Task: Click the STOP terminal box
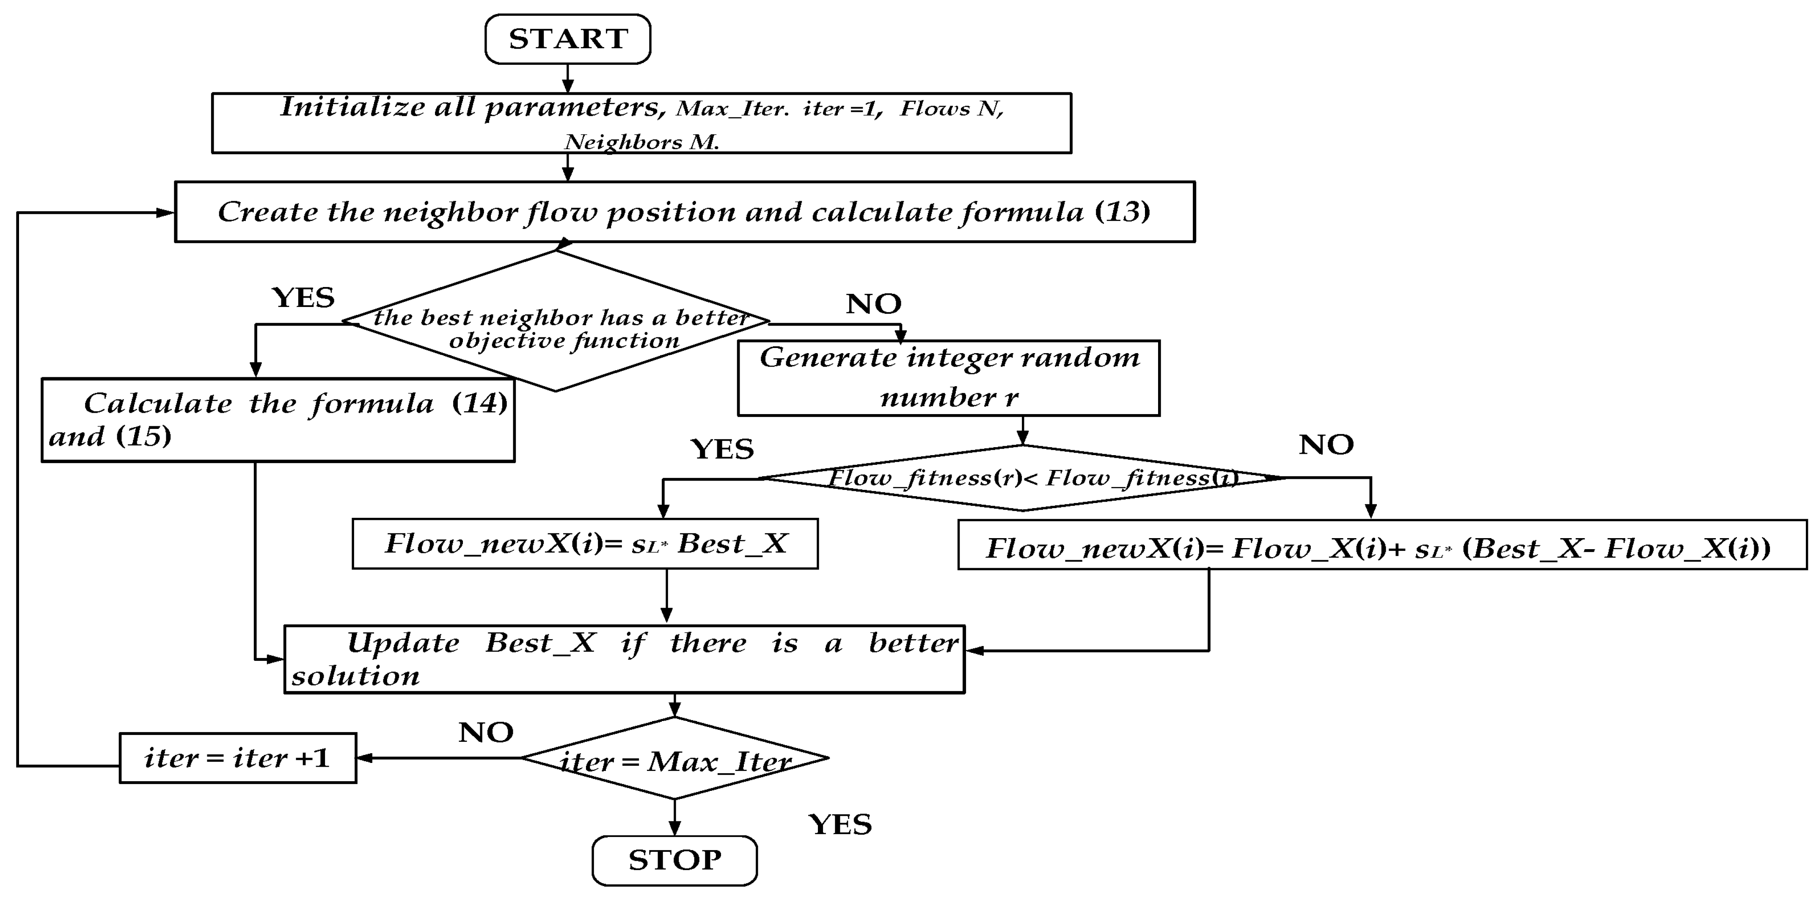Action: tap(674, 860)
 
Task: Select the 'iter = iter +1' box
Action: tap(237, 758)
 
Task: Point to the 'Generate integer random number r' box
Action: tap(948, 378)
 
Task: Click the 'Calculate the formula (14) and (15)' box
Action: tap(278, 420)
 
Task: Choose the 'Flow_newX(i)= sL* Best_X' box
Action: tap(585, 543)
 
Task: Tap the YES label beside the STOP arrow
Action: tap(839, 824)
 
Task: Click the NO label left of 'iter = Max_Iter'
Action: tap(486, 733)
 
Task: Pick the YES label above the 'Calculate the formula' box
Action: tap(303, 298)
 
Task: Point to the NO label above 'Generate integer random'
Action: tap(873, 304)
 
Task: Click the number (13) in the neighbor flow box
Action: tap(1122, 211)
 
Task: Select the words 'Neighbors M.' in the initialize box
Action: tap(641, 142)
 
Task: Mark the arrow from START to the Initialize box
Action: tap(568, 78)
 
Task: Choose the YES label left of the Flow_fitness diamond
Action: tap(722, 449)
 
